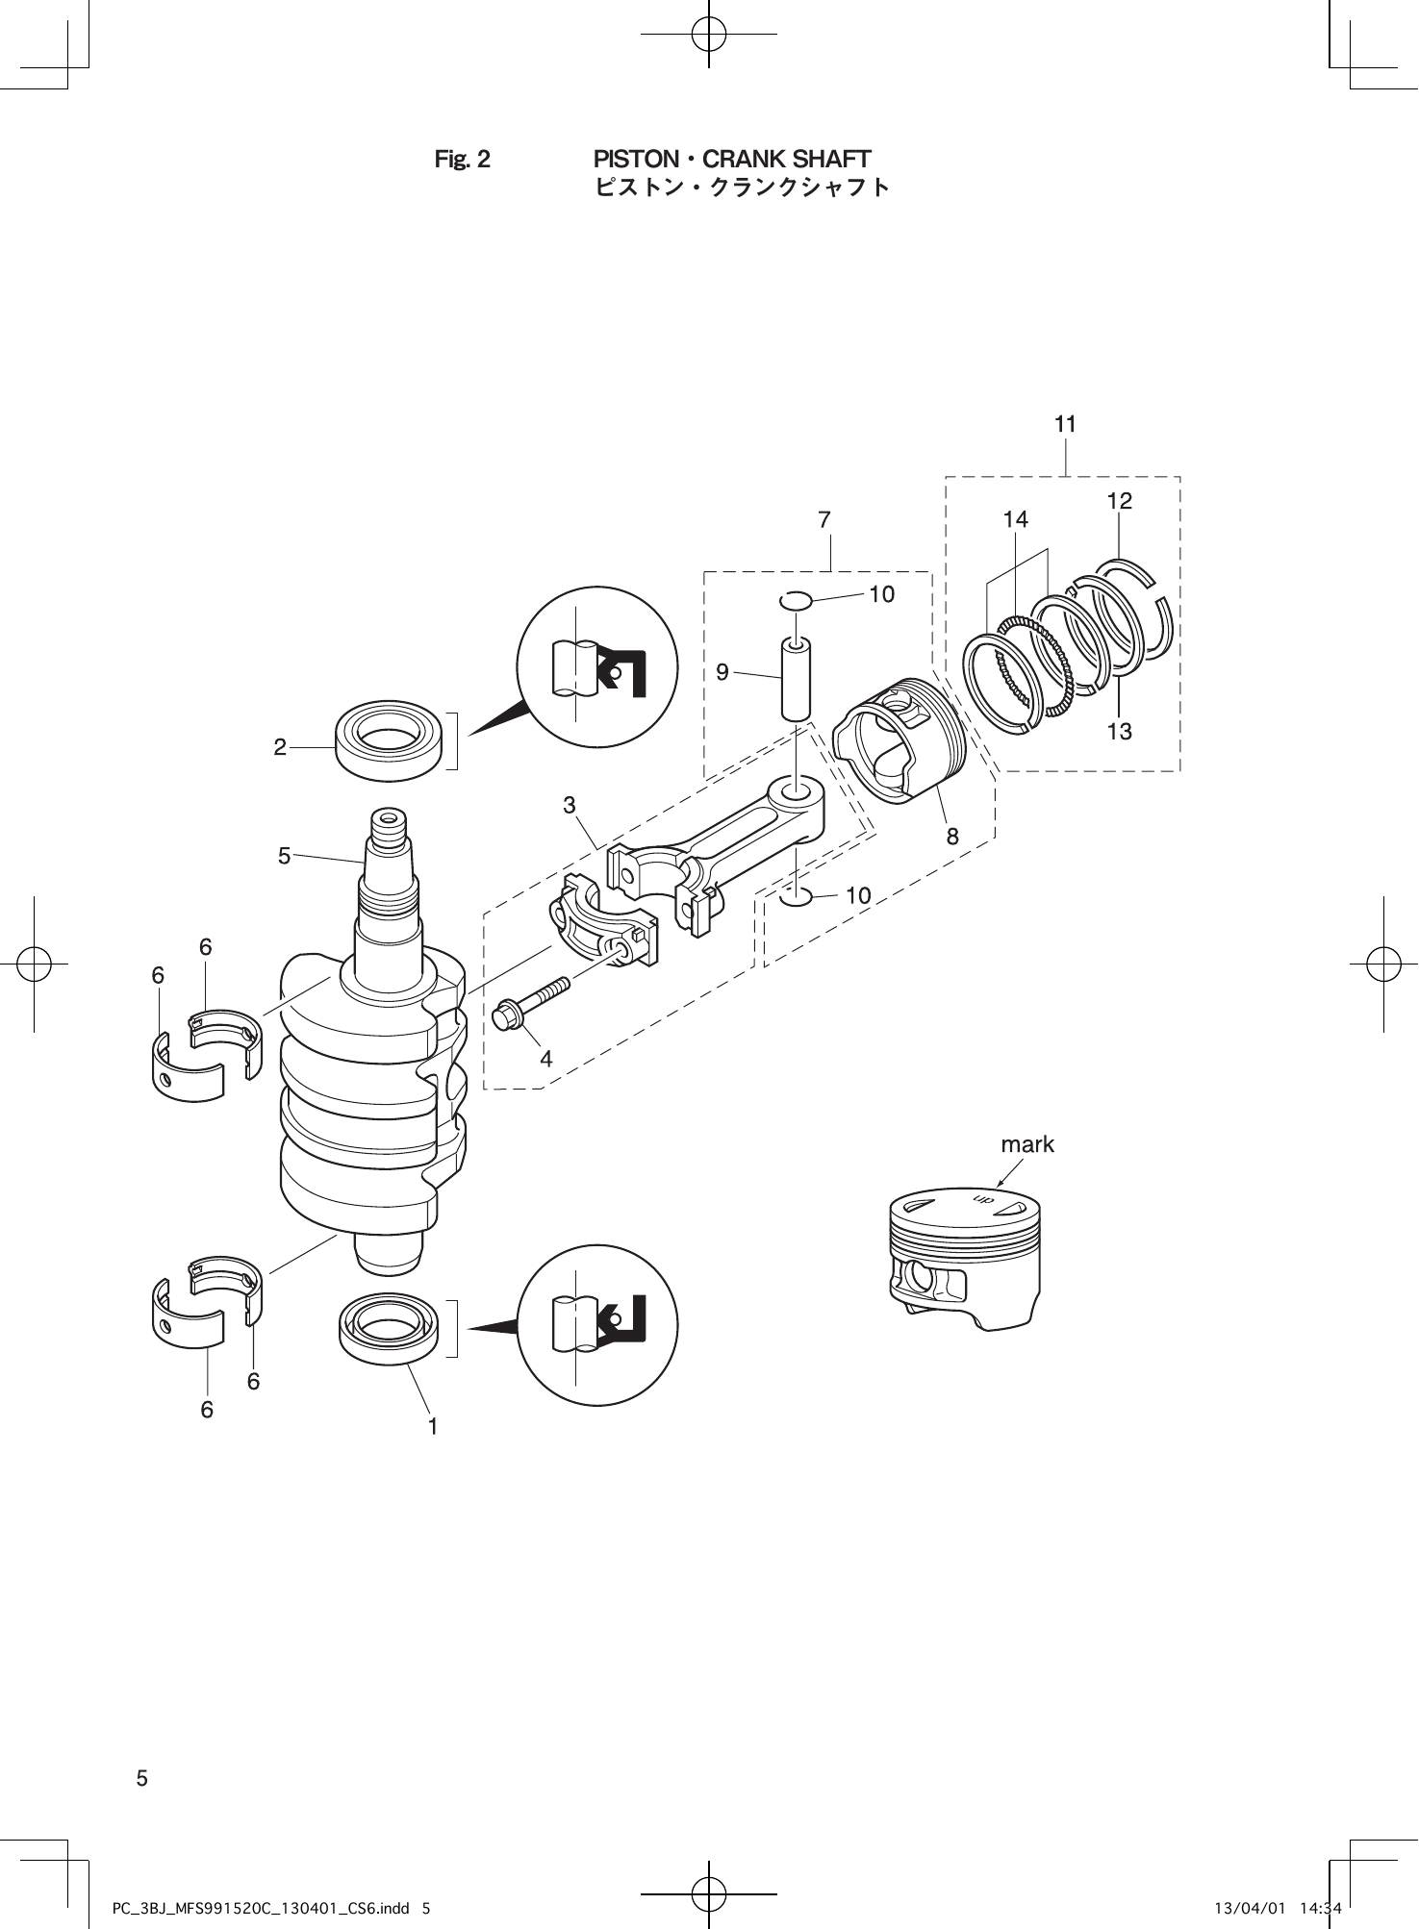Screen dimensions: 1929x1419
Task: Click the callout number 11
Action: coord(1065,424)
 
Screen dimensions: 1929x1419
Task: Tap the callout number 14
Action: coord(1015,519)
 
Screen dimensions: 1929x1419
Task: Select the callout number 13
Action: coord(1119,732)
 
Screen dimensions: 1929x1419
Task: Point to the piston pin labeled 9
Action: coord(795,679)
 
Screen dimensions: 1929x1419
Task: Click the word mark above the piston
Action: coord(1027,1144)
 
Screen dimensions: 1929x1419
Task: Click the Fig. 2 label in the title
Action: coord(463,159)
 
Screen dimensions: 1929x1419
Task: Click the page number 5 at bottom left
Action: coord(141,1778)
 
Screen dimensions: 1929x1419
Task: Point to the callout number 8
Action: coord(952,837)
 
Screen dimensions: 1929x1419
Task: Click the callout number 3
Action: coord(570,804)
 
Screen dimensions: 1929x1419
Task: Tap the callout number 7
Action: coord(824,520)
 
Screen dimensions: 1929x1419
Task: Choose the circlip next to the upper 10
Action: coord(797,601)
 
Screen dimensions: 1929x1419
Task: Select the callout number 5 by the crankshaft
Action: coord(284,855)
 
